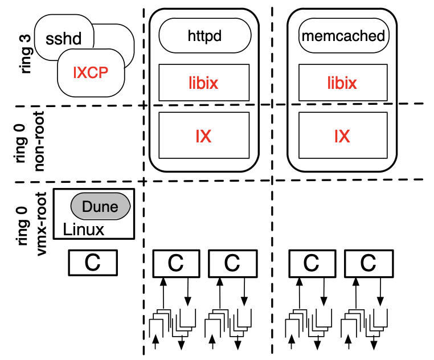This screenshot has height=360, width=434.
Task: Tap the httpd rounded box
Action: click(204, 36)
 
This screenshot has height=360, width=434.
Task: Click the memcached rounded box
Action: click(342, 36)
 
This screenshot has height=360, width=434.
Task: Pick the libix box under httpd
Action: click(204, 83)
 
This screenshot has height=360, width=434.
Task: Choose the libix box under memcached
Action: click(342, 83)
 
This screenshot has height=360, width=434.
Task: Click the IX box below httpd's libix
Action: click(204, 136)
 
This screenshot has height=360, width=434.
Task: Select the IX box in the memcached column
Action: click(342, 136)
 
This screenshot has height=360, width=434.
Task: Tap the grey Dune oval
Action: click(100, 206)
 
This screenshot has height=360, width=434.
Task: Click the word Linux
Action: click(84, 230)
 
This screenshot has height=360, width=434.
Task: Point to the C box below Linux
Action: click(92, 262)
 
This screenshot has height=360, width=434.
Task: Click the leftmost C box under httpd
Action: click(177, 263)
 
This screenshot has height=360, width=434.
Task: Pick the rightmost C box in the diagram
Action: click(369, 263)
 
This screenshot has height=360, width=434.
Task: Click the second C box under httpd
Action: click(232, 263)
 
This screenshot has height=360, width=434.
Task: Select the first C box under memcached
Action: click(310, 263)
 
